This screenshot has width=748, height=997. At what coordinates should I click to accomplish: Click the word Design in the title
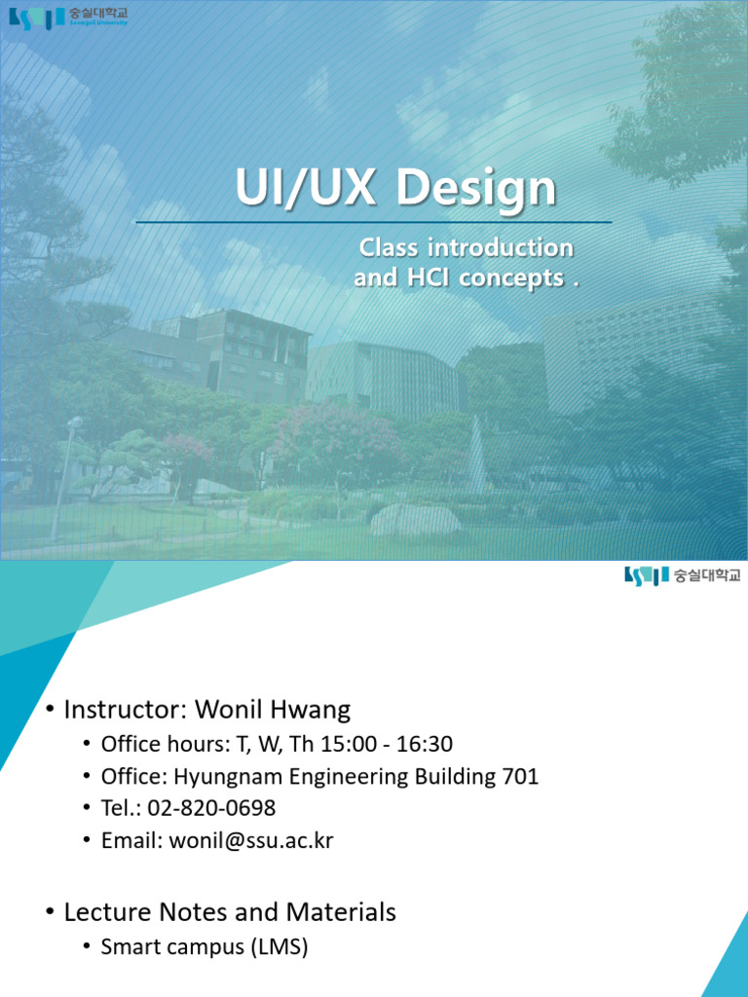(477, 189)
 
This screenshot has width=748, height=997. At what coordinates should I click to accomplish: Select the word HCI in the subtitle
(422, 278)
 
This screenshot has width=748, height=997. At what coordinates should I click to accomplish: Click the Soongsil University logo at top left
(68, 18)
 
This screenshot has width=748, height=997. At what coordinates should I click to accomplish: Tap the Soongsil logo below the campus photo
(682, 575)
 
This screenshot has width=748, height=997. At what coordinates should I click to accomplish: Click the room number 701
(519, 777)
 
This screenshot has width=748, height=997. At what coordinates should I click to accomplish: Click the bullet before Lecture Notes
(49, 913)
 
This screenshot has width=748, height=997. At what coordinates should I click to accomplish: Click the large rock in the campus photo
(415, 519)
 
